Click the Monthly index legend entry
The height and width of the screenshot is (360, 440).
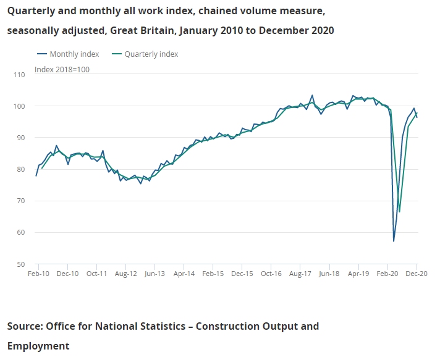click(74, 54)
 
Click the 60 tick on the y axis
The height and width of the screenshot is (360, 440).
click(20, 233)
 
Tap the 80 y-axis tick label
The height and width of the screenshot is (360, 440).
click(20, 170)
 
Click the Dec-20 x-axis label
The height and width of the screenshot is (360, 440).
click(417, 273)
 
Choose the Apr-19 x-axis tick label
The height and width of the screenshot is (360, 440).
click(358, 273)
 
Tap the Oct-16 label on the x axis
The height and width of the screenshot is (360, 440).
click(271, 273)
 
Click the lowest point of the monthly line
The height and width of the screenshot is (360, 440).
click(394, 241)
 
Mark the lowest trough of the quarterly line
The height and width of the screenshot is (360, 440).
click(400, 212)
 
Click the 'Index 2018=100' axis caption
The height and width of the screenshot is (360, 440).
click(62, 69)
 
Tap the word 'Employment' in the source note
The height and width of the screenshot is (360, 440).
click(38, 346)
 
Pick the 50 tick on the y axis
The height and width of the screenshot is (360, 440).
click(20, 264)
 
